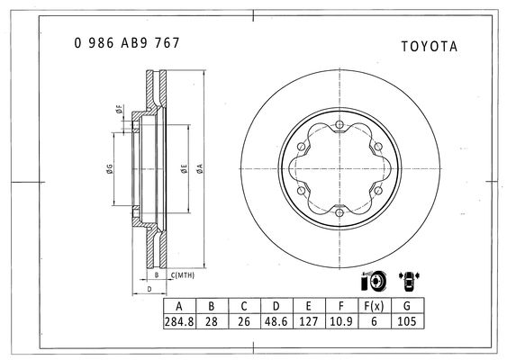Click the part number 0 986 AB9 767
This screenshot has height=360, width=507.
[x=127, y=43]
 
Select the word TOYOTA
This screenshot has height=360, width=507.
[x=430, y=47]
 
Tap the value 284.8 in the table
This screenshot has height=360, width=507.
[x=179, y=321]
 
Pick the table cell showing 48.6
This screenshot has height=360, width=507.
[x=276, y=321]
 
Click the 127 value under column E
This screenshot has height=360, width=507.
[x=309, y=321]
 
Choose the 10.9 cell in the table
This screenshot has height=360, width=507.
[x=341, y=321]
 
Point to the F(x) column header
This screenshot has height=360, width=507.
[x=374, y=306]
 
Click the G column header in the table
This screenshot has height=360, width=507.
[x=407, y=306]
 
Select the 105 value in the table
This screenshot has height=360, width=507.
[x=407, y=321]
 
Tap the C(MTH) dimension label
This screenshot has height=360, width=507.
[x=183, y=275]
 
